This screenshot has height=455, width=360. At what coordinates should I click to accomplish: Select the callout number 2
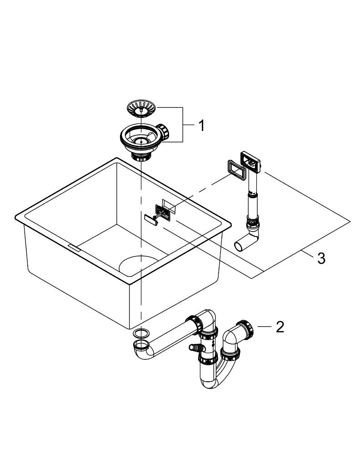[280, 327]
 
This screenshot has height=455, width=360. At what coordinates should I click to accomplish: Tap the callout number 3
[321, 258]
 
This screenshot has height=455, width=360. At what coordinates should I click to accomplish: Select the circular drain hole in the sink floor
[139, 264]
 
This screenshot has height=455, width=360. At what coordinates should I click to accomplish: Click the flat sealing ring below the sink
[141, 333]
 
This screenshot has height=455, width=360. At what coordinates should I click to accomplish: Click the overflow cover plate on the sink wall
[163, 212]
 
